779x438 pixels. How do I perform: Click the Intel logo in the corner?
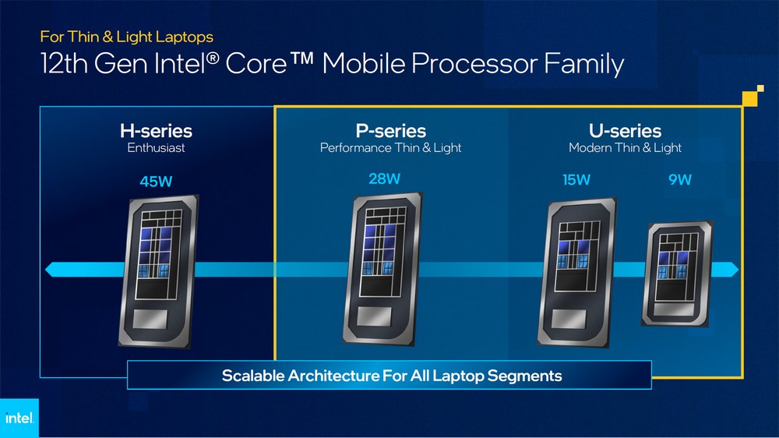pyautogui.click(x=19, y=419)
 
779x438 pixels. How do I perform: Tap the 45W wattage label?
pyautogui.click(x=156, y=182)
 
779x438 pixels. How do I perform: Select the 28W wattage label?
pyautogui.click(x=385, y=178)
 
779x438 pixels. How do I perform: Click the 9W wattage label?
pyautogui.click(x=679, y=181)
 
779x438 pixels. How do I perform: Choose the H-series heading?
pyautogui.click(x=156, y=131)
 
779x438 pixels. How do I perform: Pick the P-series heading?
pyautogui.click(x=390, y=131)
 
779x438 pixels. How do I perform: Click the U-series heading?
pyautogui.click(x=625, y=131)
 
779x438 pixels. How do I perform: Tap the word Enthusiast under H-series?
pyautogui.click(x=156, y=148)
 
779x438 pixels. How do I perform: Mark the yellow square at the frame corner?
pyautogui.click(x=749, y=97)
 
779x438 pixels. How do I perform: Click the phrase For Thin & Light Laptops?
pyautogui.click(x=126, y=36)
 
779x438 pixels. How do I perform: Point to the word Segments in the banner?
pyautogui.click(x=524, y=376)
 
